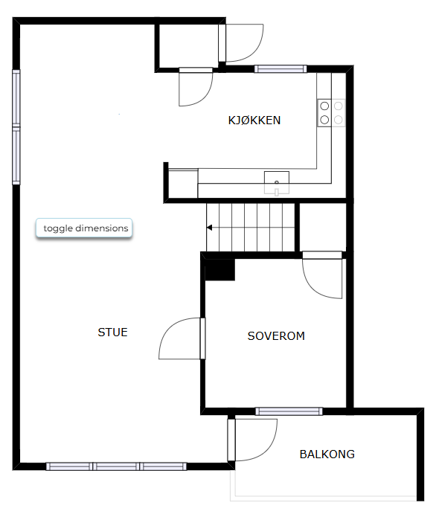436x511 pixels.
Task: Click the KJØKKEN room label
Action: coord(254,120)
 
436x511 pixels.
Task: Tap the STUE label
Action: coord(112,332)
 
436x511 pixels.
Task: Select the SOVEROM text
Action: coord(276,336)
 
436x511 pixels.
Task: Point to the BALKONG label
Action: coord(327,454)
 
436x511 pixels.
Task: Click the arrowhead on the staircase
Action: coord(209,228)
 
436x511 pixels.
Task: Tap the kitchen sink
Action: coord(277,183)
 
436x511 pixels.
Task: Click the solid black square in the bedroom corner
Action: coord(219,270)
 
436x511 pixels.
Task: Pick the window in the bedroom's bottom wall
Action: coord(289,411)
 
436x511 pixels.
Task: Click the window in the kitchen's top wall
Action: coord(280,68)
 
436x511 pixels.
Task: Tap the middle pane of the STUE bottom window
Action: coord(116,466)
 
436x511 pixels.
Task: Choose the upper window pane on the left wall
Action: coord(16,97)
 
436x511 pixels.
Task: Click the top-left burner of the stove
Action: coord(324,106)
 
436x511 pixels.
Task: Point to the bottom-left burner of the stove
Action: coord(324,120)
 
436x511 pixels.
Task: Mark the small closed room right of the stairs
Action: coord(323,227)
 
